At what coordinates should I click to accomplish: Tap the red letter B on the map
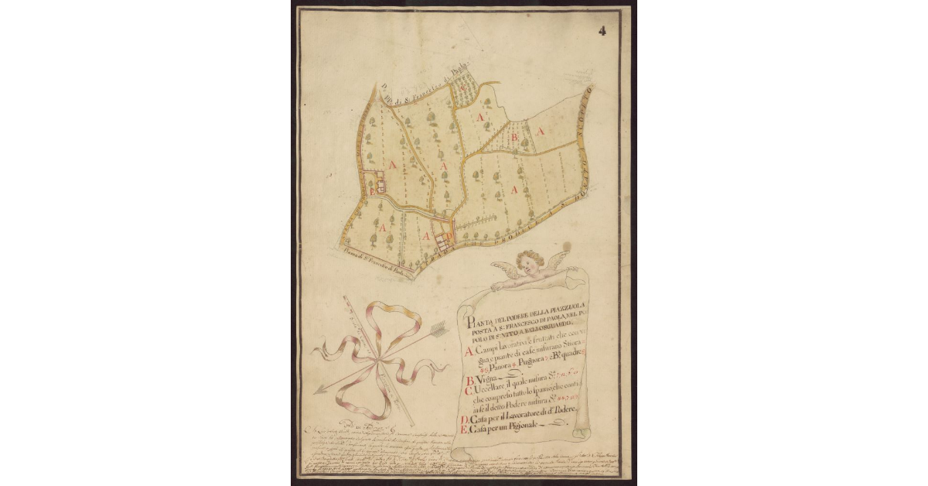click(514, 137)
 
